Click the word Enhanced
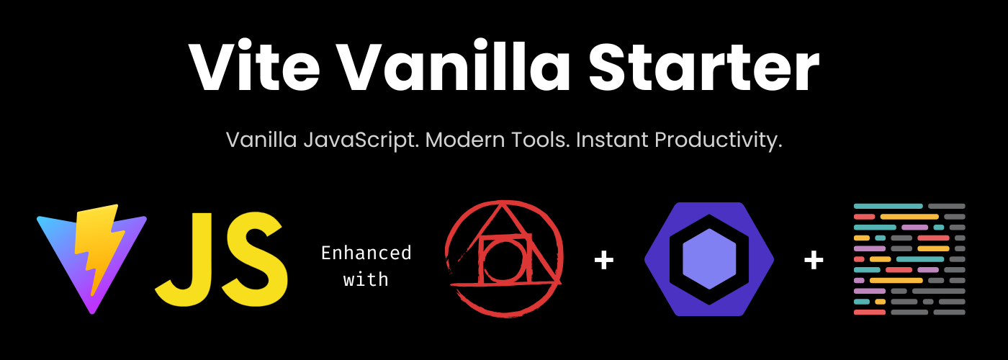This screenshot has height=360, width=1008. tap(366, 253)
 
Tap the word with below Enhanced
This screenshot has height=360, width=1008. tap(366, 279)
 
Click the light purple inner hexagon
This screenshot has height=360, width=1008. tap(708, 259)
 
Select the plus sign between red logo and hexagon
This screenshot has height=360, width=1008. tap(603, 260)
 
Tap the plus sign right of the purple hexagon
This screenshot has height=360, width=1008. tap(814, 260)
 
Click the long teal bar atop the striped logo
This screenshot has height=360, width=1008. tap(888, 206)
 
